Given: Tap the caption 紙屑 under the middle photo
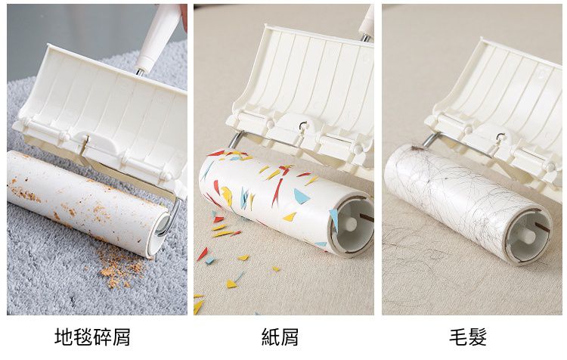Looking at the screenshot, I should pyautogui.click(x=280, y=337).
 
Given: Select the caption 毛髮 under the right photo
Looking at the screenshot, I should pyautogui.click(x=468, y=337).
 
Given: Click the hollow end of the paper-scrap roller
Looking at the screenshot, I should pyautogui.click(x=351, y=223).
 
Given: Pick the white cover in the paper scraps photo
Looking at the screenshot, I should pyautogui.click(x=310, y=83).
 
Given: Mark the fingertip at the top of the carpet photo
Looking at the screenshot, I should pyautogui.click(x=184, y=15).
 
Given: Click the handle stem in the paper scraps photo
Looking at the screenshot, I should pyautogui.click(x=367, y=23).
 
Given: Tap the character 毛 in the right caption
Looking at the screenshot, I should pyautogui.click(x=458, y=337).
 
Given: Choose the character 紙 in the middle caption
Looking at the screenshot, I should pyautogui.click(x=271, y=337).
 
